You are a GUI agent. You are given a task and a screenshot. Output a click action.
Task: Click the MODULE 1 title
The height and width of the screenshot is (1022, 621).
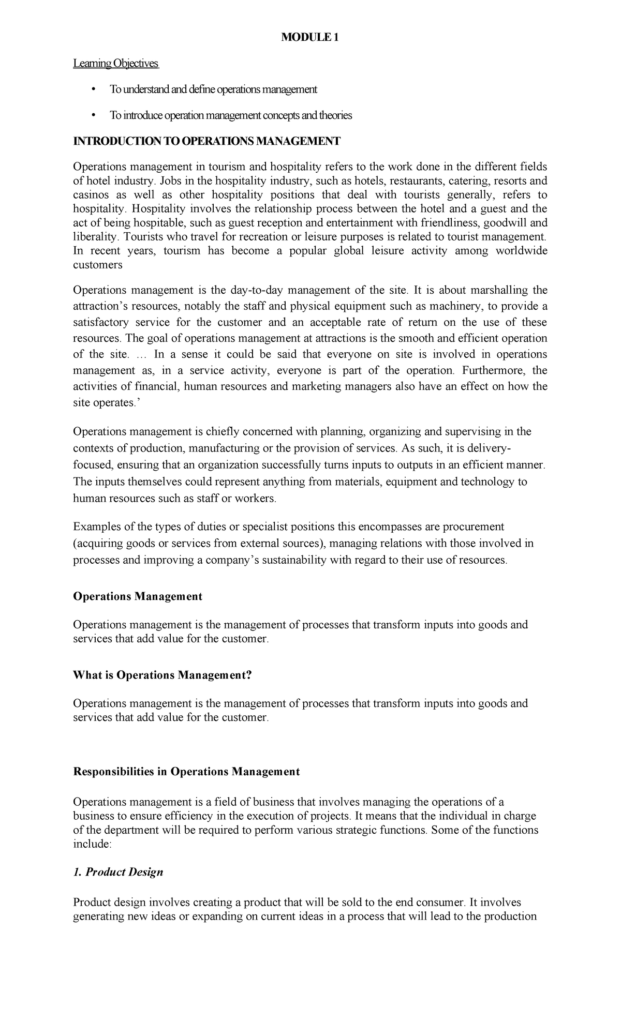[x=309, y=38]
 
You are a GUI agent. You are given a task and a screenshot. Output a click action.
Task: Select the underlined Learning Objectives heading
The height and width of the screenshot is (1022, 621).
[x=116, y=64]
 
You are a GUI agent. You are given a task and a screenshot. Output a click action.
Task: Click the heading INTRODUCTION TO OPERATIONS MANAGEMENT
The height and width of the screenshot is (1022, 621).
[x=206, y=141]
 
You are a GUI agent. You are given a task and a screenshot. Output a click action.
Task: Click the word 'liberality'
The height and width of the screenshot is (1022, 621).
[x=95, y=237]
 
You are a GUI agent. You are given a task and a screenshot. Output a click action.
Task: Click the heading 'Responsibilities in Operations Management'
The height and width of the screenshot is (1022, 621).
[x=186, y=771]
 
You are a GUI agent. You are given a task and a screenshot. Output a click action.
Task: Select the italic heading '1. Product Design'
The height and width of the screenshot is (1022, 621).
[x=118, y=872]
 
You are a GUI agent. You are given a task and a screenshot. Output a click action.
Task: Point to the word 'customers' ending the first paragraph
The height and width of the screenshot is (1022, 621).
[x=98, y=265]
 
